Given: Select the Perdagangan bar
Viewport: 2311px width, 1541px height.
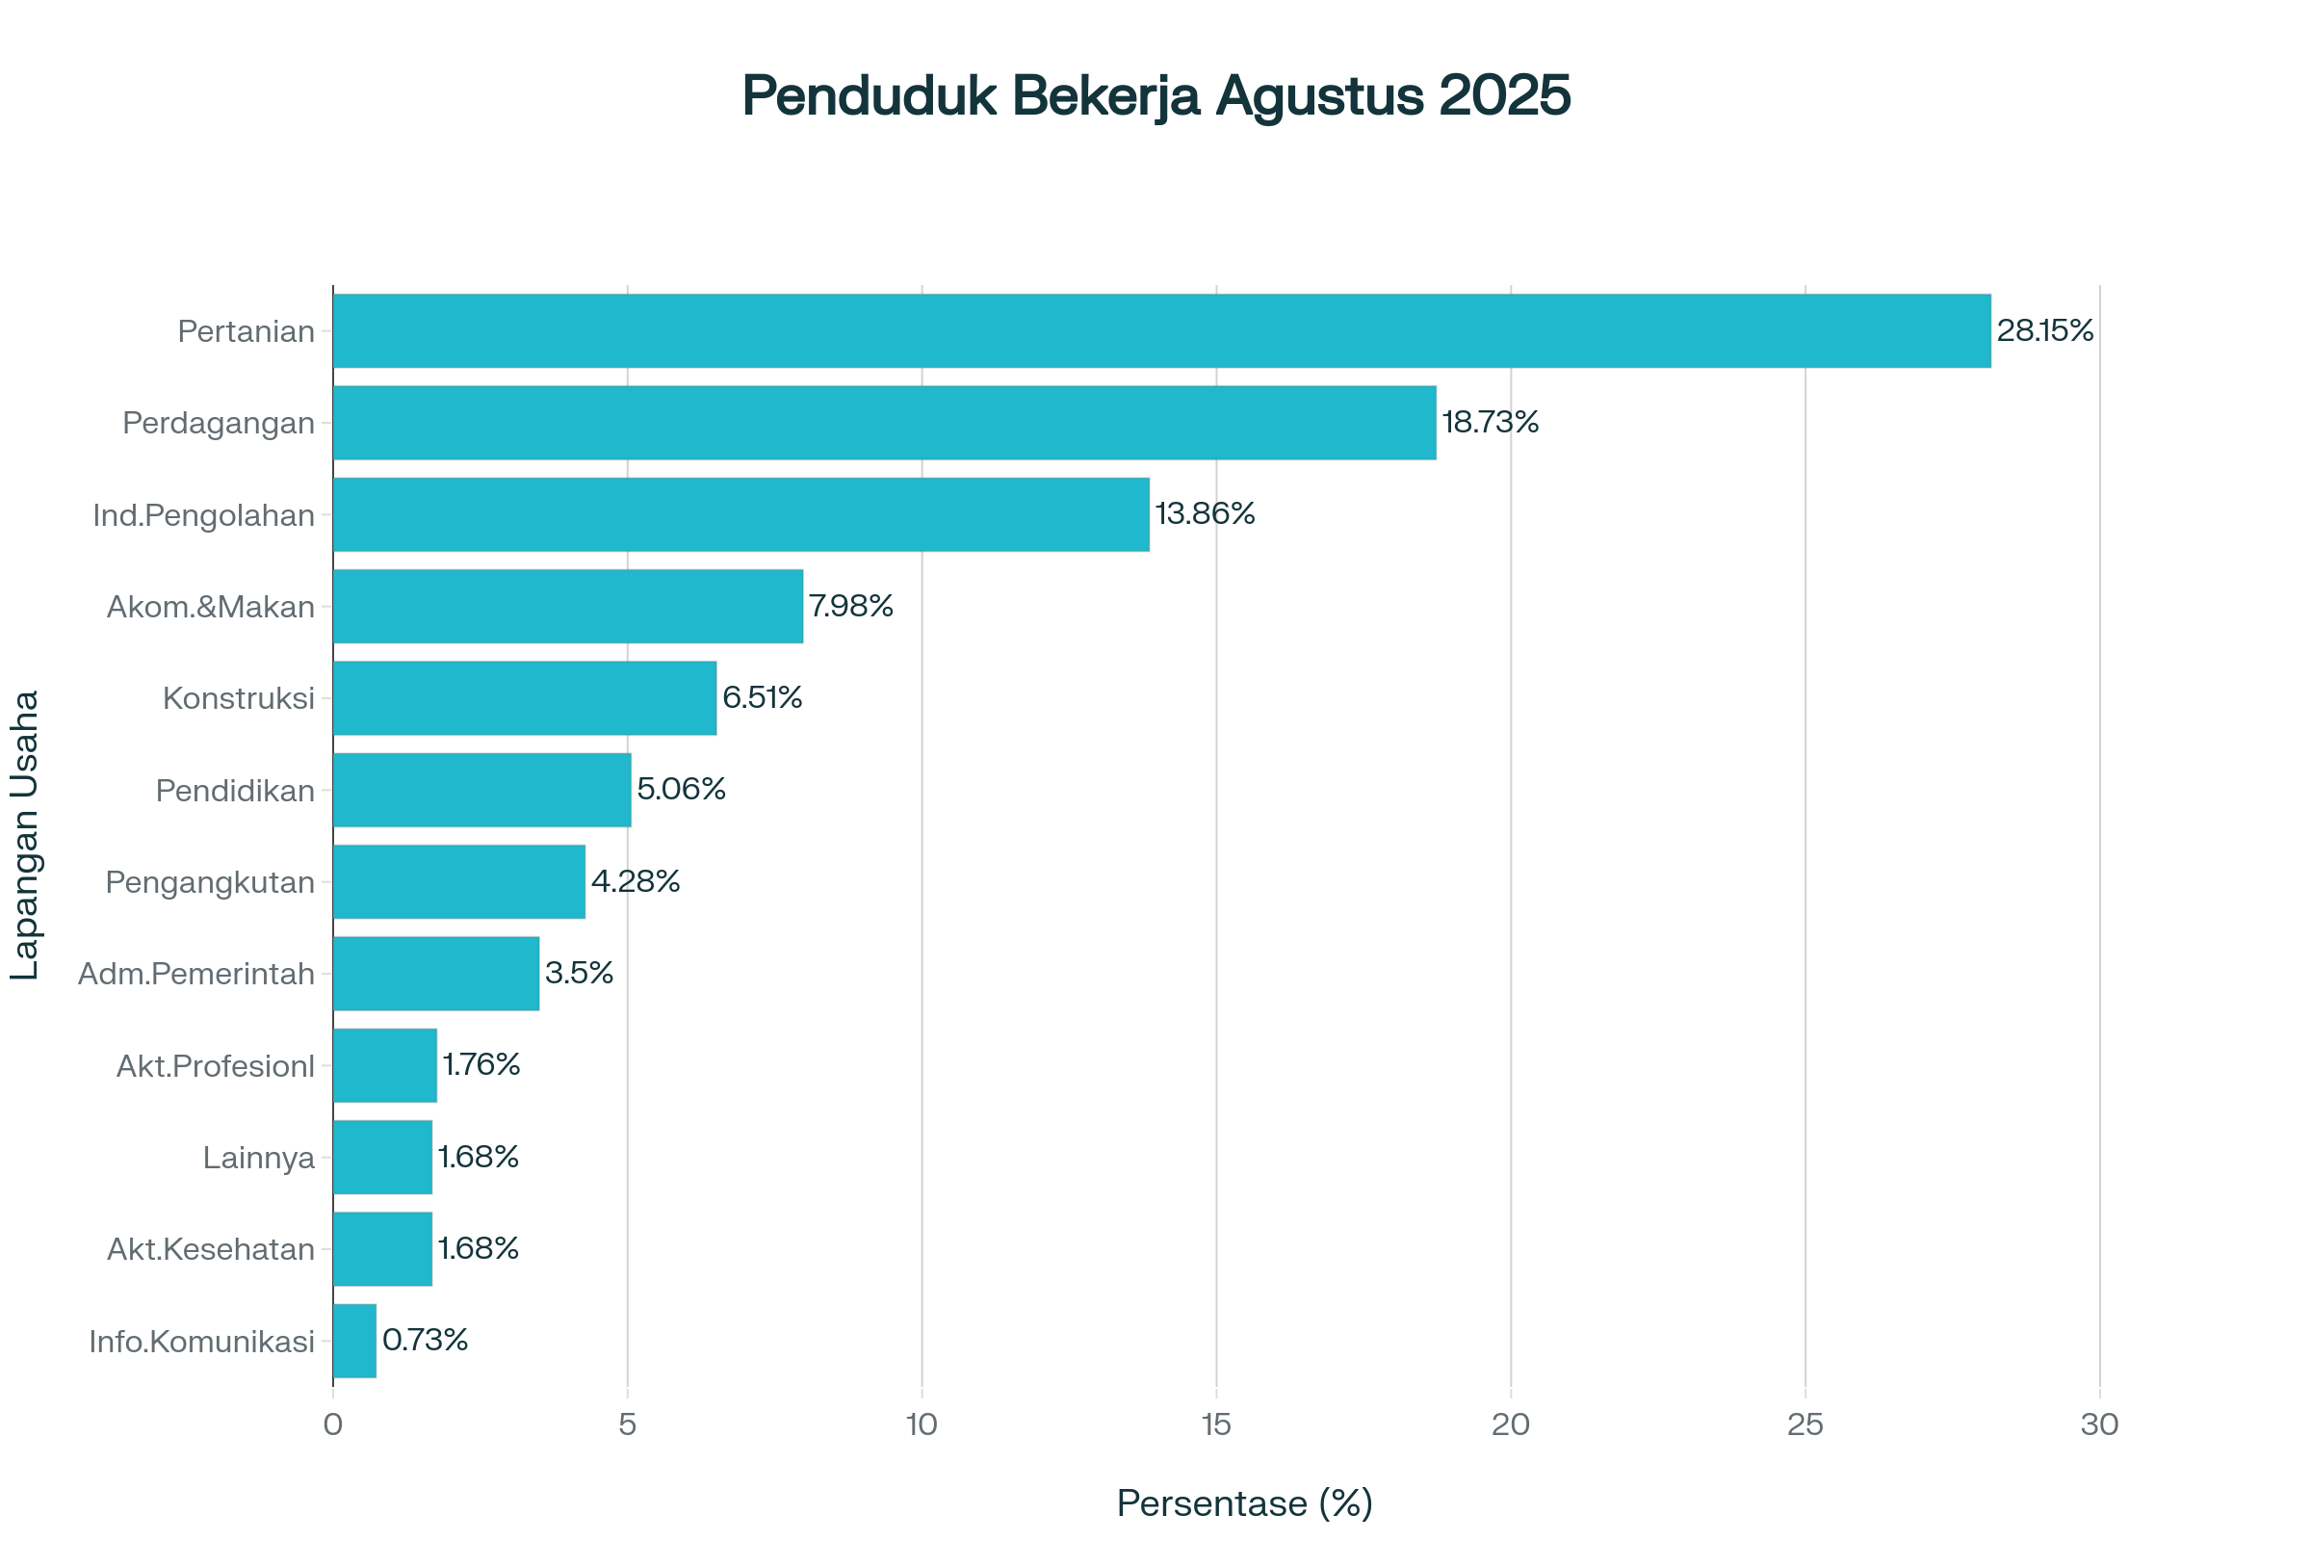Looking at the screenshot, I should point(884,423).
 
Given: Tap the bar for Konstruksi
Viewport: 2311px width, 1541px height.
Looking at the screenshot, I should point(525,697).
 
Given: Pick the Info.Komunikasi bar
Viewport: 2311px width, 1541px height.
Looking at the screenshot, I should point(354,1341).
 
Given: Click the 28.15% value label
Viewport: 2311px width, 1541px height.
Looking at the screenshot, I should point(2044,330).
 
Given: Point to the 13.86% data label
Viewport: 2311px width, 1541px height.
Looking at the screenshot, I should point(1205,514).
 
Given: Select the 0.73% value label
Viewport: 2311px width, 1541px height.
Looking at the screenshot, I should point(425,1340).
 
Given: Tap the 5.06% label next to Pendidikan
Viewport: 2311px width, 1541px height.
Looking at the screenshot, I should point(681,789).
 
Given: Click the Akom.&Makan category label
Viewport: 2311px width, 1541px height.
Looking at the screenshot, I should point(210,608).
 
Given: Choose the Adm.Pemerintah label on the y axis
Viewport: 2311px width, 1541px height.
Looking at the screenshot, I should point(196,974).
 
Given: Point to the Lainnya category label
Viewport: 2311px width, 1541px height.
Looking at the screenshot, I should point(258,1158).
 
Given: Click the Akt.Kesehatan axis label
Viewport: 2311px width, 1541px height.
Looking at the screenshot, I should point(210,1249).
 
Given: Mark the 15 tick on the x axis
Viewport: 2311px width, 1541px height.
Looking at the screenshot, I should point(1216,1425).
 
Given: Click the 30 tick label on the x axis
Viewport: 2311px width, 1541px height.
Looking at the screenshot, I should point(2100,1425).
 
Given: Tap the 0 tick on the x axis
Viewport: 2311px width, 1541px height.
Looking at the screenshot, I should point(333,1425).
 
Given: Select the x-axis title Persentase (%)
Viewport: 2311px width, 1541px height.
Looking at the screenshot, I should point(1244,1502).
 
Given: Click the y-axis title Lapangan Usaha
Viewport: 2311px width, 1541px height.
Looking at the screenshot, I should point(25,835).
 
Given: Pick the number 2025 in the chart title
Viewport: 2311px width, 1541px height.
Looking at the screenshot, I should point(1504,96).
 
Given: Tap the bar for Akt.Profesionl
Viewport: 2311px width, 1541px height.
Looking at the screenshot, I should point(385,1065).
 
